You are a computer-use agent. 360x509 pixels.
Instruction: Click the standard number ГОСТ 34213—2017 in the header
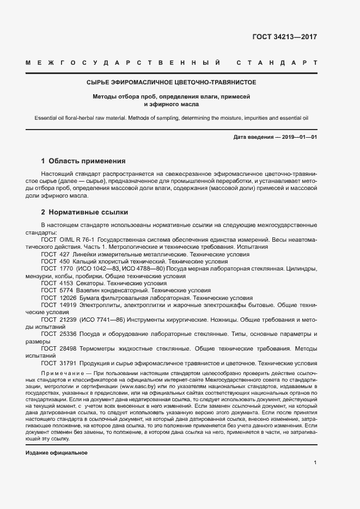(284, 38)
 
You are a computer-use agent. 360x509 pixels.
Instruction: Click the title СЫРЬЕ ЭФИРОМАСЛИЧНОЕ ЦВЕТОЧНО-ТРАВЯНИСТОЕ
(172, 83)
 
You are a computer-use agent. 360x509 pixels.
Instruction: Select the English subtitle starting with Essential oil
(172, 117)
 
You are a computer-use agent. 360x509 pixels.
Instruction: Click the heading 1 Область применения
(83, 161)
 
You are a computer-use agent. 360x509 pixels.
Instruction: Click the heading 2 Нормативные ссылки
(84, 212)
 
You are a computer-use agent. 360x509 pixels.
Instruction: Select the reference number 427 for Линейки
(64, 254)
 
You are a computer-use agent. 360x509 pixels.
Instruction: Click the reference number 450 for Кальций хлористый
(64, 261)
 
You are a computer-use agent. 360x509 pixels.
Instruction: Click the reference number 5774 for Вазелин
(66, 291)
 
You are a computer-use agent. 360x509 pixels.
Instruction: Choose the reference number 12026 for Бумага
(68, 298)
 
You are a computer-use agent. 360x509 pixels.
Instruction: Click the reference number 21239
(68, 320)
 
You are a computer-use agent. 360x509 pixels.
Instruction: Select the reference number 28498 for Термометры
(68, 348)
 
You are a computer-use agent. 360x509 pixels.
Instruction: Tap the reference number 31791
(68, 363)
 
